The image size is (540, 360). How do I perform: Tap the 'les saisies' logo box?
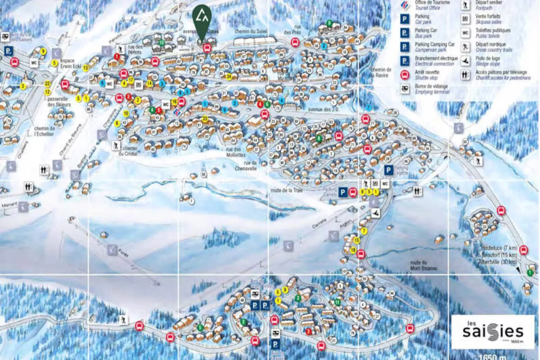point(493,332)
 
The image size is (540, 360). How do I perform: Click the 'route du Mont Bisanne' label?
point(423,265)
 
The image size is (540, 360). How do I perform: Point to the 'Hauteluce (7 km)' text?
point(499,248)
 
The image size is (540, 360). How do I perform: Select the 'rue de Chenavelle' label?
point(246,166)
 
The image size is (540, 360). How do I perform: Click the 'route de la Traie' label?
point(286,190)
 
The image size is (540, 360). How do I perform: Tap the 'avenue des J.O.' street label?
point(323,109)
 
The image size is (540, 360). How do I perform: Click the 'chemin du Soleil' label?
point(251,31)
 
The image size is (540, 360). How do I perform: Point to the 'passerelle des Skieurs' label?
point(59,102)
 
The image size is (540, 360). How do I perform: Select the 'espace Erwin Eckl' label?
point(71,63)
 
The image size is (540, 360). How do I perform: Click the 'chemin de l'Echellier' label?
point(44,131)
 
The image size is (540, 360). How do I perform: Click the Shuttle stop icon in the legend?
point(405,75)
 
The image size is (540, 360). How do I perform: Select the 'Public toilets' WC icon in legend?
point(465,33)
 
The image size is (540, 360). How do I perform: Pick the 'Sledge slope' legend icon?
point(465,61)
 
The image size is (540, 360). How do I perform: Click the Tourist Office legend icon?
point(405,5)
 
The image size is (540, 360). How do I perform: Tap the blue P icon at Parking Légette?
point(388,170)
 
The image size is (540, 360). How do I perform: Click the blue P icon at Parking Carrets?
point(343,192)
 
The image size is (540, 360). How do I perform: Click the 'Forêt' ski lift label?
point(123,253)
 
